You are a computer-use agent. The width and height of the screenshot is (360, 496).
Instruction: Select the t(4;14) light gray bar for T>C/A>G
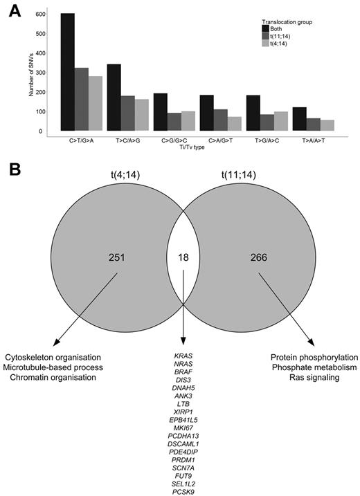[x=142, y=115]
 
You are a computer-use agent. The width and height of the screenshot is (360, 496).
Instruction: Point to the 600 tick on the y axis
[x=40, y=15]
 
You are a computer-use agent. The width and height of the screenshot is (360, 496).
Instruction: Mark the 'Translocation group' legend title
[x=287, y=21]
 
